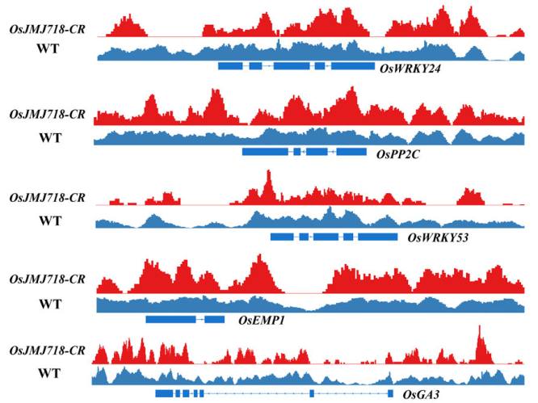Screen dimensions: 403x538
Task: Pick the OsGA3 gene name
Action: pyautogui.click(x=420, y=394)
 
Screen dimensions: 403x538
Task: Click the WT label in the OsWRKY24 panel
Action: pyautogui.click(x=49, y=48)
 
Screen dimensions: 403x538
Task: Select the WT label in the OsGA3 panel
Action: pyautogui.click(x=49, y=376)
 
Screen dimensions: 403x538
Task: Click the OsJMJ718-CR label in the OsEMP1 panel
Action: pyautogui.click(x=47, y=279)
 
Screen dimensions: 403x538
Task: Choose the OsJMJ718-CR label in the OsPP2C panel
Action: pyautogui.click(x=47, y=115)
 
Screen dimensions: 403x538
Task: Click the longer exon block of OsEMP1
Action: pyautogui.click(x=170, y=320)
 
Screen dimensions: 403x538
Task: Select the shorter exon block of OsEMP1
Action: pyautogui.click(x=215, y=320)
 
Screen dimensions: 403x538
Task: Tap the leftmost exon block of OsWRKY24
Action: pyautogui.click(x=230, y=65)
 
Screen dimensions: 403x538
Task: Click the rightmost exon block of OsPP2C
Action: pyautogui.click(x=351, y=151)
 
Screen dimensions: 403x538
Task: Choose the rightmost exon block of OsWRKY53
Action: pyautogui.click(x=377, y=237)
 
